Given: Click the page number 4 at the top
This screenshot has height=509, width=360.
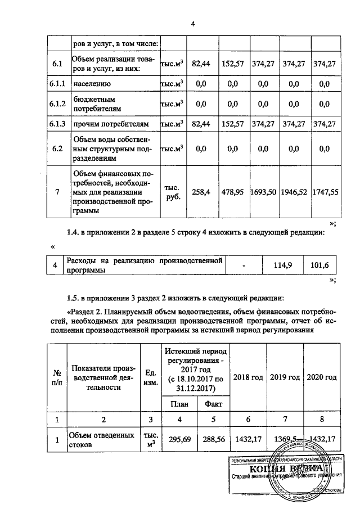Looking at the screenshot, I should coord(192,24).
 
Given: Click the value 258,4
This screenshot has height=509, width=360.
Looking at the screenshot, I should coord(201,192).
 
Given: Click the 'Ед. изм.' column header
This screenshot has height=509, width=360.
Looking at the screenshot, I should coord(150,377).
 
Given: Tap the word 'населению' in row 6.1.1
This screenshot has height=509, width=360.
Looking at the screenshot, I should coord(92,84).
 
